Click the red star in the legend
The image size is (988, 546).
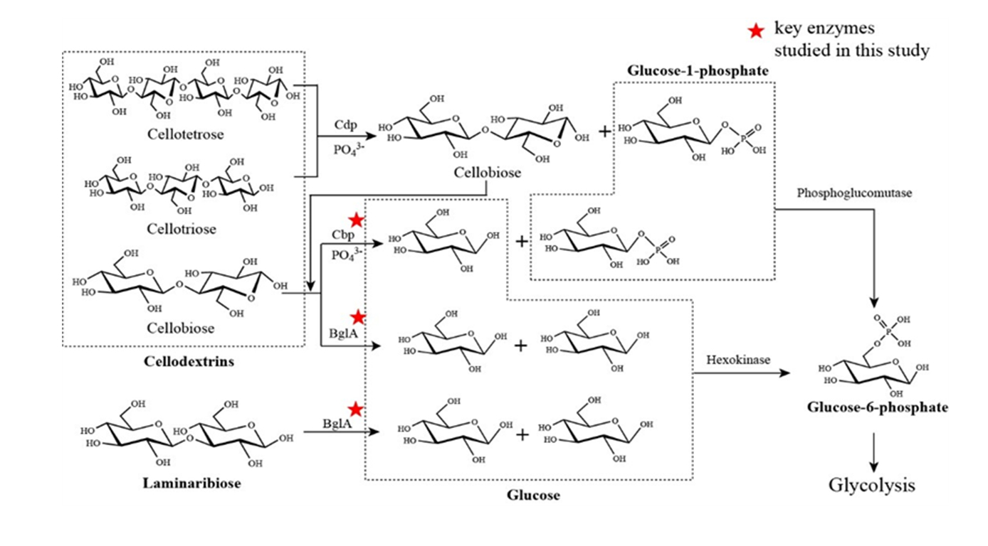point(756,31)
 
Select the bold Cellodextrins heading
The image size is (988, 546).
point(184,362)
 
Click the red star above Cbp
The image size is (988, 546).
point(355,220)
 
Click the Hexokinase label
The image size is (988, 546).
point(738,360)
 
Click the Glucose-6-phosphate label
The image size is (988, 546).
point(878,408)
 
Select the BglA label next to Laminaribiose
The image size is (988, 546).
point(335,423)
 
